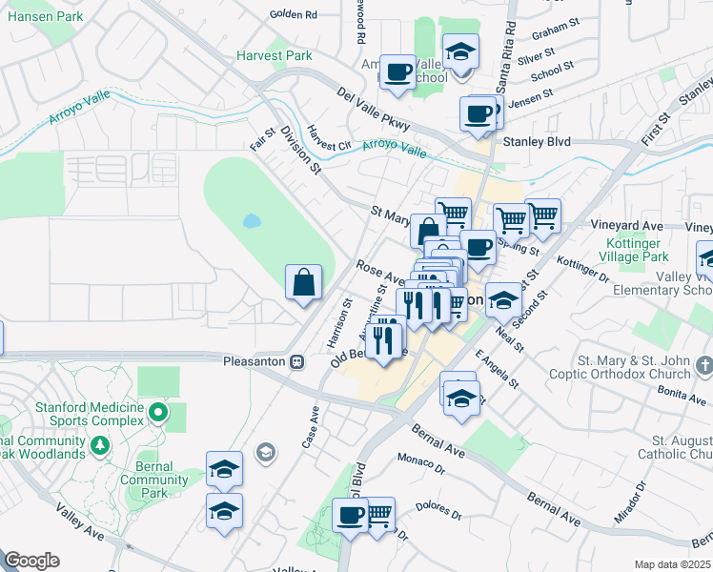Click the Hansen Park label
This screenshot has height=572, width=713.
coord(42,16)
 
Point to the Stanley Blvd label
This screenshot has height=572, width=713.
coord(536,141)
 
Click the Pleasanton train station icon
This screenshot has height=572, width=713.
coord(297,361)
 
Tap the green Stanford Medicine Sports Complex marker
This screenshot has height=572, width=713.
coord(158,413)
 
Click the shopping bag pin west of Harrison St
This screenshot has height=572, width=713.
coord(303,283)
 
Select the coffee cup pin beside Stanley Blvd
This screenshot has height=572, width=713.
coord(479,115)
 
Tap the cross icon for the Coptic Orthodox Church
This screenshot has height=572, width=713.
coord(703,366)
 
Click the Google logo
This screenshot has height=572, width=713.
coord(31,561)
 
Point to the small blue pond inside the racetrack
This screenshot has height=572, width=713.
coord(252,221)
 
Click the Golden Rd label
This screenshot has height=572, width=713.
coord(293,14)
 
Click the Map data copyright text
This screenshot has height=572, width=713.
coord(673,564)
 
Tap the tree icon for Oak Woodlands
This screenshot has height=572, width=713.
coord(100,445)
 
